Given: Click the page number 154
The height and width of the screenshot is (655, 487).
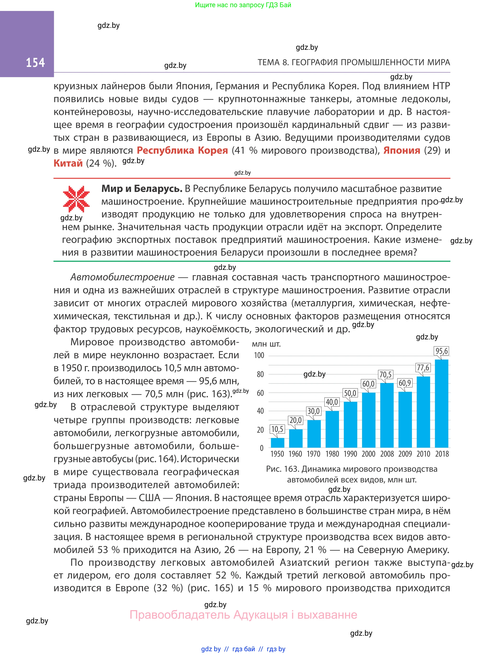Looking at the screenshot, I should pyautogui.click(x=35, y=62).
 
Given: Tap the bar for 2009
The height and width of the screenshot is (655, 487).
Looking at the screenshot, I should pyautogui.click(x=405, y=419).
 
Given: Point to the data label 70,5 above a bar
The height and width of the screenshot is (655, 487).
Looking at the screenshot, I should pyautogui.click(x=385, y=375).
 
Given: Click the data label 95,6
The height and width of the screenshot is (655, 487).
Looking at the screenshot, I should pyautogui.click(x=441, y=351).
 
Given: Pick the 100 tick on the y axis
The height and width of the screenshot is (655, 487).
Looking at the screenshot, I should pyautogui.click(x=259, y=355).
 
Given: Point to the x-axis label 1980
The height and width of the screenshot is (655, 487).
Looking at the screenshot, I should pyautogui.click(x=332, y=454).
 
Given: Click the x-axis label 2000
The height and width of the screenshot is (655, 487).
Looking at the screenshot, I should pyautogui.click(x=369, y=454).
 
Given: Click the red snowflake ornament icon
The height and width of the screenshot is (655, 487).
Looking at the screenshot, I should pyautogui.click(x=76, y=199).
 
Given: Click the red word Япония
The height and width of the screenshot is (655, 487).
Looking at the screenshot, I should pyautogui.click(x=401, y=151).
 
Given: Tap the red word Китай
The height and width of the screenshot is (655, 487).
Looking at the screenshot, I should pyautogui.click(x=68, y=163).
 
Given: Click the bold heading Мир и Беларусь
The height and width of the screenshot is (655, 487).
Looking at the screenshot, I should pyautogui.click(x=142, y=188).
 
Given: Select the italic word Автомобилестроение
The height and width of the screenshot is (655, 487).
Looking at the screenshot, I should pyautogui.click(x=122, y=277).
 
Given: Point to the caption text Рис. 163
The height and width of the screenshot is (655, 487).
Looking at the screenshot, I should pyautogui.click(x=283, y=469).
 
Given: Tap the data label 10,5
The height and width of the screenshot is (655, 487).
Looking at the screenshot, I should pyautogui.click(x=277, y=429).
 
